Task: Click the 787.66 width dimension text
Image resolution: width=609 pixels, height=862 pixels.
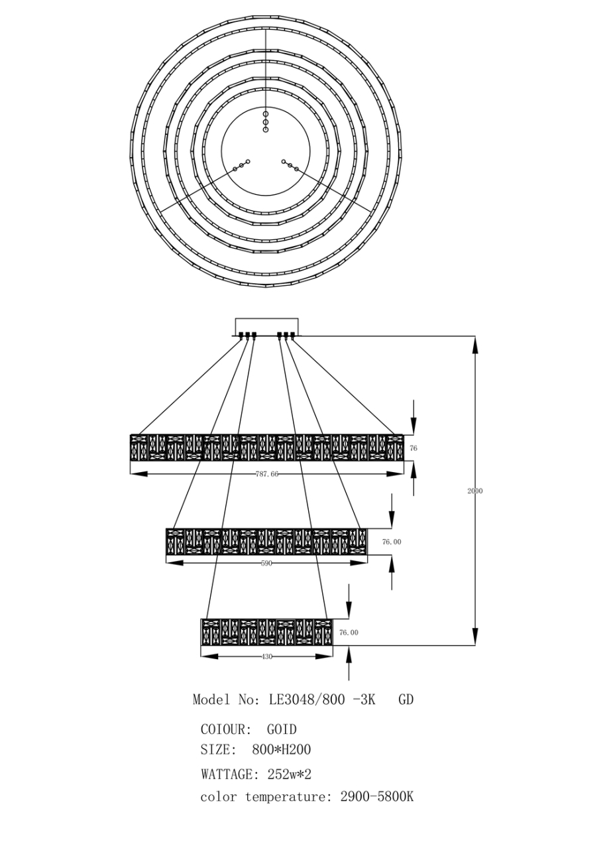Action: point(266,474)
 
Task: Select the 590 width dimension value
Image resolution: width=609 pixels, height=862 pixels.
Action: point(266,563)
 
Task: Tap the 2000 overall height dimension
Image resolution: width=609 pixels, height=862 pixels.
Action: point(474,491)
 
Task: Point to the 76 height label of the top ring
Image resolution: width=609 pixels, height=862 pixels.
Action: point(414,449)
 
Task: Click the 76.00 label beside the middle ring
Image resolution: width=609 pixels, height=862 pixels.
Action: point(392,542)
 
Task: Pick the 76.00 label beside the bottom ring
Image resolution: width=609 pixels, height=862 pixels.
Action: point(349,633)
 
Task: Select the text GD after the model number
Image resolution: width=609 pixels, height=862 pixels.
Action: point(406,700)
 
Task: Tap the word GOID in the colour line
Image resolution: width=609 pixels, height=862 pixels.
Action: point(282,729)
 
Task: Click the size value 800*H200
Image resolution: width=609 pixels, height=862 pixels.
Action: point(282,750)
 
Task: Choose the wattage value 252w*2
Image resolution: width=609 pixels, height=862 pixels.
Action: point(288,774)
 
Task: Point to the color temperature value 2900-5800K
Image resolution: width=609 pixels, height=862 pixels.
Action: point(376,797)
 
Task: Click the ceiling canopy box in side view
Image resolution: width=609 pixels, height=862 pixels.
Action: point(266,326)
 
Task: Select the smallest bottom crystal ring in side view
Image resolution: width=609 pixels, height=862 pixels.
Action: point(266,633)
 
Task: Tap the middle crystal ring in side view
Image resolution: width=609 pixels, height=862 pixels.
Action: point(266,542)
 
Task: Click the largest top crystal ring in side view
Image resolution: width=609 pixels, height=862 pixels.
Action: point(266,448)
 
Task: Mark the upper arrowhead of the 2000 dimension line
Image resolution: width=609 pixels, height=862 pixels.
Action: point(475,345)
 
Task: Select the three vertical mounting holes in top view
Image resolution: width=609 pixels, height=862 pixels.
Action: point(266,122)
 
